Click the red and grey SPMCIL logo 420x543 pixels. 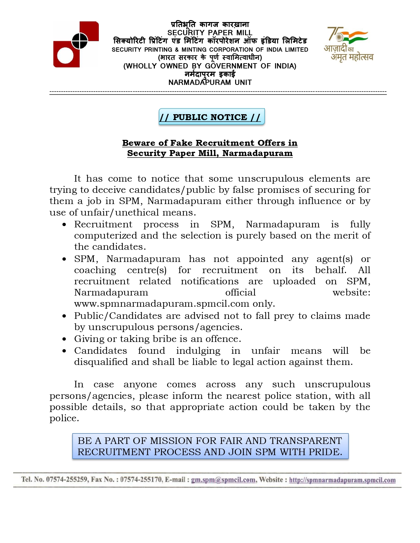76,44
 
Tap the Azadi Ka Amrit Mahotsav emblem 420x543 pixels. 349,44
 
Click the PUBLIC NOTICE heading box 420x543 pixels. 211,117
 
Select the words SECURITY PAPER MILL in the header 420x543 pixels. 210,33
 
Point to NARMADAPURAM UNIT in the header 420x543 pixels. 210,82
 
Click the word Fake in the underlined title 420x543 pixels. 181,143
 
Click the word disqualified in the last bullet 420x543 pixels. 101,362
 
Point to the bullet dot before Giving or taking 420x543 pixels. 64,339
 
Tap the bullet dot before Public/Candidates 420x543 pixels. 64,316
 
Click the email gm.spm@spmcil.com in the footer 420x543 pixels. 223,480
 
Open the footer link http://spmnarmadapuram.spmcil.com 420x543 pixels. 342,480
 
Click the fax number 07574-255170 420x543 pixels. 141,479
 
